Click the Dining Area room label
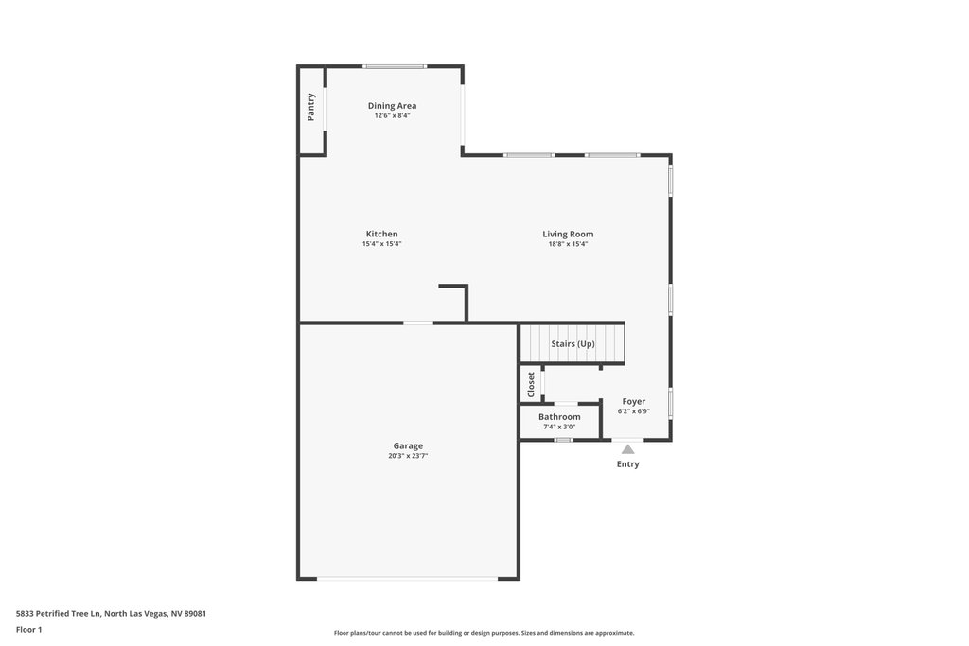(392, 106)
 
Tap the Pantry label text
(310, 107)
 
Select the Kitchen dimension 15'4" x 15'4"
(382, 244)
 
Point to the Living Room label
(568, 234)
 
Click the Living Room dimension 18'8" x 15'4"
(568, 244)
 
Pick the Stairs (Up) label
(573, 344)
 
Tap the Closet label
(531, 385)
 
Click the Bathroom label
(559, 417)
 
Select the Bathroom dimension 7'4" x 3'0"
(559, 427)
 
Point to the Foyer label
(633, 401)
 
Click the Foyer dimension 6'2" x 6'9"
(633, 411)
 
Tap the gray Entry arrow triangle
(628, 449)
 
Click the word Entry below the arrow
(628, 464)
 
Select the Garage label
(408, 445)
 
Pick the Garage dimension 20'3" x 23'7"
(408, 456)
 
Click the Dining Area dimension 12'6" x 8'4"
(392, 115)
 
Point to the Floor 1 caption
(29, 630)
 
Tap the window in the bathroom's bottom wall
(563, 440)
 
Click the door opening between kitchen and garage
(418, 323)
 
